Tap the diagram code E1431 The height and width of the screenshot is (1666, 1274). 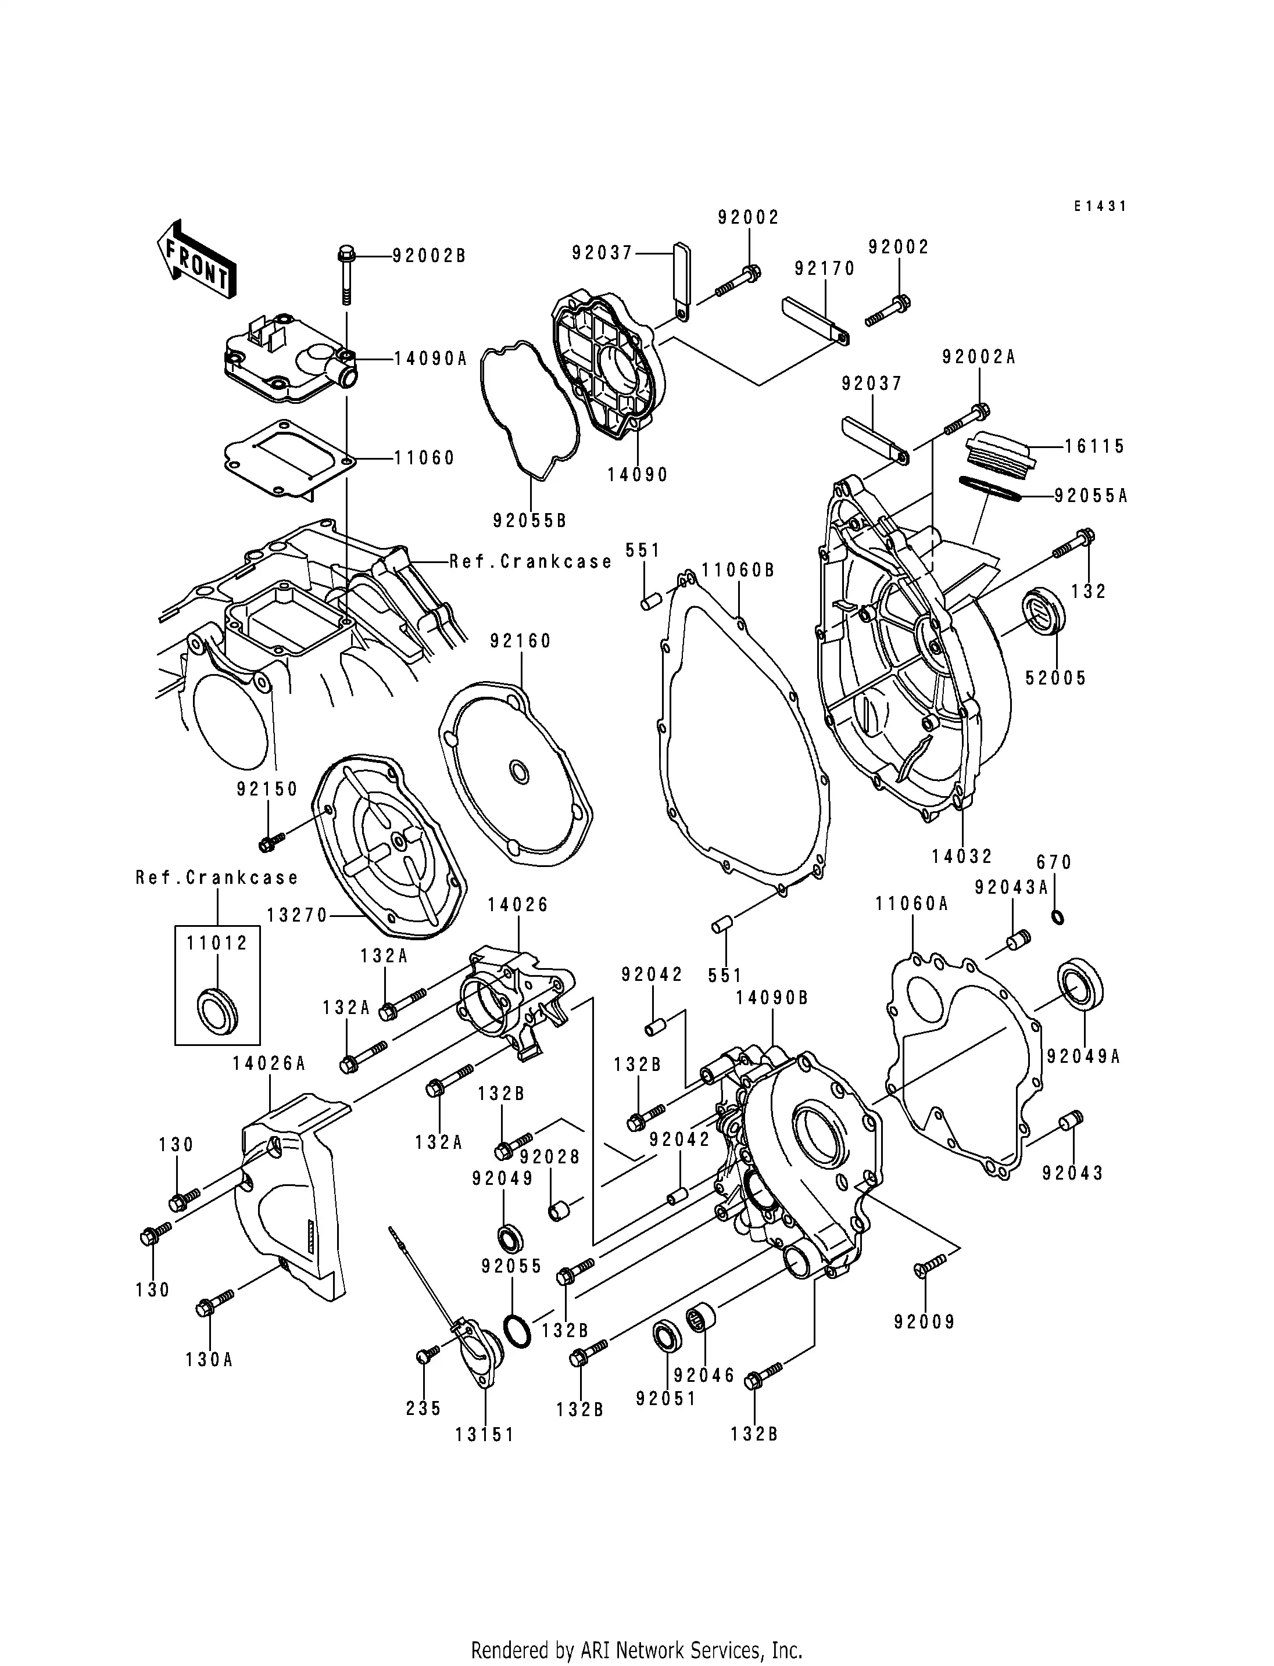click(x=1100, y=206)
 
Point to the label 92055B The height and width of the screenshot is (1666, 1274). click(x=529, y=521)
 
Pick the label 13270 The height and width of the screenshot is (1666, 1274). click(x=296, y=916)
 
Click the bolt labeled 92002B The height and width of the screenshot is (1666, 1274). click(x=346, y=274)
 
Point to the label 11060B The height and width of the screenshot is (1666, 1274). click(x=738, y=570)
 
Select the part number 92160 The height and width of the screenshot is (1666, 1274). click(x=520, y=642)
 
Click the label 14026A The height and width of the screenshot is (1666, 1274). click(x=269, y=1064)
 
